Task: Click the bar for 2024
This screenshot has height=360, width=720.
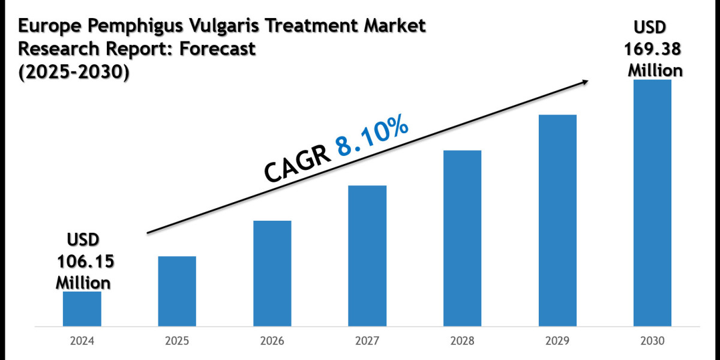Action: pyautogui.click(x=82, y=309)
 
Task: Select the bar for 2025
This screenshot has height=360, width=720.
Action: pyautogui.click(x=177, y=292)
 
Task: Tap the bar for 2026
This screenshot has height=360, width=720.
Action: pyautogui.click(x=272, y=274)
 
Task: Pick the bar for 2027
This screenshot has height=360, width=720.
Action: pyautogui.click(x=367, y=256)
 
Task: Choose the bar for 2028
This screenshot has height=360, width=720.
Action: pyautogui.click(x=462, y=238)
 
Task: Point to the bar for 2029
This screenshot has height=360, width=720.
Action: pyautogui.click(x=557, y=221)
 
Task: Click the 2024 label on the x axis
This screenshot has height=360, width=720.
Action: pyautogui.click(x=82, y=341)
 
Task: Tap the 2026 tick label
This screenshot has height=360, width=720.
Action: pyautogui.click(x=272, y=341)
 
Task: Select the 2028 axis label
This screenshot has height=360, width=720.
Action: pyautogui.click(x=462, y=341)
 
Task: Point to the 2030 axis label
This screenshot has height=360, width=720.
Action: pyautogui.click(x=652, y=341)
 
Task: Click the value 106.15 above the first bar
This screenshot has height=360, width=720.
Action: pyautogui.click(x=85, y=262)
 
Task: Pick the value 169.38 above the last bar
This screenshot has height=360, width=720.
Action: pyautogui.click(x=655, y=49)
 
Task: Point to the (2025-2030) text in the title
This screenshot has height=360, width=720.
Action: pyautogui.click(x=74, y=71)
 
